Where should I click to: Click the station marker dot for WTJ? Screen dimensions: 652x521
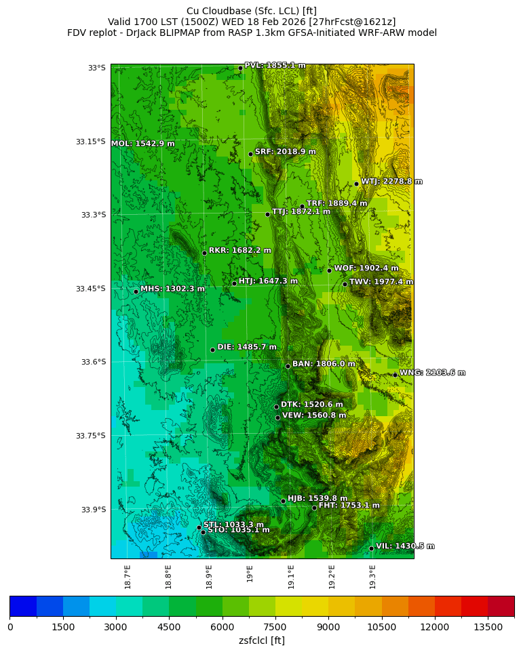[x=356, y=184]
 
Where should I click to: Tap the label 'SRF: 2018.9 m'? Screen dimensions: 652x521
[x=285, y=152]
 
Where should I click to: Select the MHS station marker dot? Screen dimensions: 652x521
[x=136, y=291]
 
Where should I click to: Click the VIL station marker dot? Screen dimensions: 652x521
[x=371, y=548]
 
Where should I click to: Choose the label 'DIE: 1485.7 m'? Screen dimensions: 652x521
[x=247, y=347]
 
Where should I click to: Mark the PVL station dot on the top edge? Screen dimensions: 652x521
[x=240, y=68]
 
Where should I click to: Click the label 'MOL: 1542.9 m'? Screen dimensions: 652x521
[x=142, y=144]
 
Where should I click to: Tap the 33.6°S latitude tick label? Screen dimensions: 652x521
[x=93, y=362]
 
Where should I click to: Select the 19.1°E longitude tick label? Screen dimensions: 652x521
[x=291, y=577]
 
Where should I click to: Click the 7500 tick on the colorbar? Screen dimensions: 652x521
[x=275, y=628]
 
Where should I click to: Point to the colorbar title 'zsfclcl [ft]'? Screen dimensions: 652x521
[x=262, y=640]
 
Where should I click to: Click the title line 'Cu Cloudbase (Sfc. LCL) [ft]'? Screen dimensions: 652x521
[x=252, y=11]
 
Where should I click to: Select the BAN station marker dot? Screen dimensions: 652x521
[x=288, y=366]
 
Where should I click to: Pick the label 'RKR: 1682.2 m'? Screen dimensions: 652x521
[x=239, y=250]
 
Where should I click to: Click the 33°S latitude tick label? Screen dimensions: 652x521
[x=97, y=68]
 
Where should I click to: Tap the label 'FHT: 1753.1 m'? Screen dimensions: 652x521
[x=349, y=506]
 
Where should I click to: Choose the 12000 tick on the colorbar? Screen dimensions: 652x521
[x=434, y=628]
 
